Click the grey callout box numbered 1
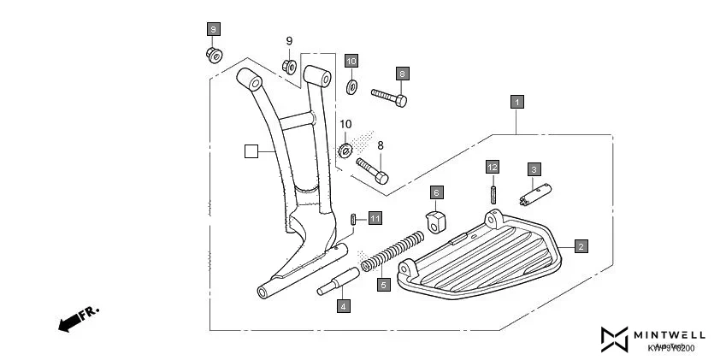pyautogui.click(x=516, y=102)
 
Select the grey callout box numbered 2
pyautogui.click(x=580, y=246)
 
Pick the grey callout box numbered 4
pyautogui.click(x=343, y=305)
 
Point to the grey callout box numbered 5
pyautogui.click(x=383, y=285)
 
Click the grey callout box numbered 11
pyautogui.click(x=375, y=220)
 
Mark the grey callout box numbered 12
pyautogui.click(x=493, y=166)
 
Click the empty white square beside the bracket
pyautogui.click(x=251, y=151)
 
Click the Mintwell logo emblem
pyautogui.click(x=615, y=339)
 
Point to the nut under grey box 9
pyautogui.click(x=214, y=56)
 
